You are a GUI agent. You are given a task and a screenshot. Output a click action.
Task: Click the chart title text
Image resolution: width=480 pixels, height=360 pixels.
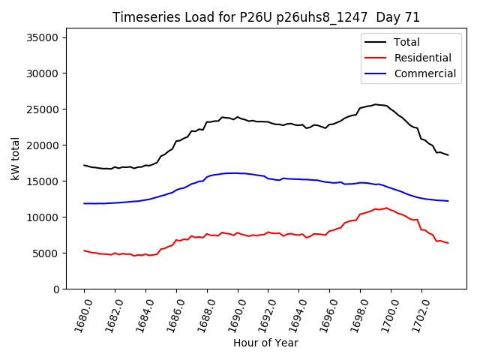pos(266,17)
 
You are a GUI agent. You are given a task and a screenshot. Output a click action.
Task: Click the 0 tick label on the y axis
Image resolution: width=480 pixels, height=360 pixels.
pos(55,289)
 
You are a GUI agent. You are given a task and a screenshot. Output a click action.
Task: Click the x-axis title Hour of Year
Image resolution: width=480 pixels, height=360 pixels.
pos(266,343)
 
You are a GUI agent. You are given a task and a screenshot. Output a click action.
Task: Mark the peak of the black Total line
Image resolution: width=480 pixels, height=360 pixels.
pos(375,104)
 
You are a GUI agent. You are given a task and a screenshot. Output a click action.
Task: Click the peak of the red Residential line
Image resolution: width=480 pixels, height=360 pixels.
pos(386,208)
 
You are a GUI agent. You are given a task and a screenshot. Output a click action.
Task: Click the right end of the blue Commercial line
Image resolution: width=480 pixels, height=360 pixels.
pos(448,201)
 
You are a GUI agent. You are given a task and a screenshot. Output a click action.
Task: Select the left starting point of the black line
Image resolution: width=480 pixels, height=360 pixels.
pos(84,165)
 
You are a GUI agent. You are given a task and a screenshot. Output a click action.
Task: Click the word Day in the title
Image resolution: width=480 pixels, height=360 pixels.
pos(378,17)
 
